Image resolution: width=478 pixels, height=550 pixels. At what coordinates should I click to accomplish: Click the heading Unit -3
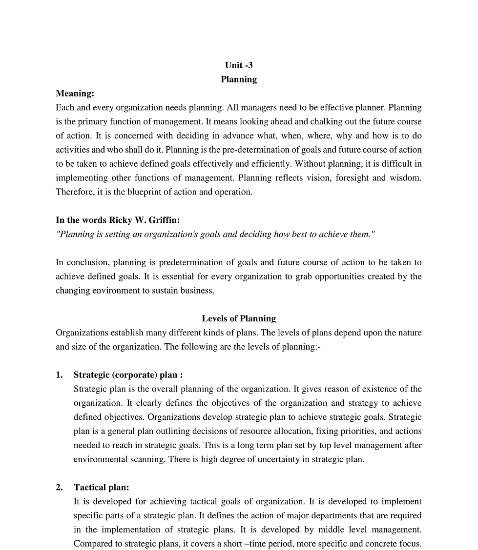point(239,65)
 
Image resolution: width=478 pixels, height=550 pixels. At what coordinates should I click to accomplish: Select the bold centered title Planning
point(239,79)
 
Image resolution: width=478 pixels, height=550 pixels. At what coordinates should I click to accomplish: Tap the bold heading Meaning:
point(75,94)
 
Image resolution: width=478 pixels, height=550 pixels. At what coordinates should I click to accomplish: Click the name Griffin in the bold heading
point(164,220)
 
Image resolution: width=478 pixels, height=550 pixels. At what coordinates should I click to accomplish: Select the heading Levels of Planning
point(239,319)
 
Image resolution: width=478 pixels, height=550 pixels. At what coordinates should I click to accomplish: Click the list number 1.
point(59,375)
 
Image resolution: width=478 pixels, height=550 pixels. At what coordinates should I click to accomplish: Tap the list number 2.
point(59,487)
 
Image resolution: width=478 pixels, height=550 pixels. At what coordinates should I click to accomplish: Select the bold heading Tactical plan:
point(101,487)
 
